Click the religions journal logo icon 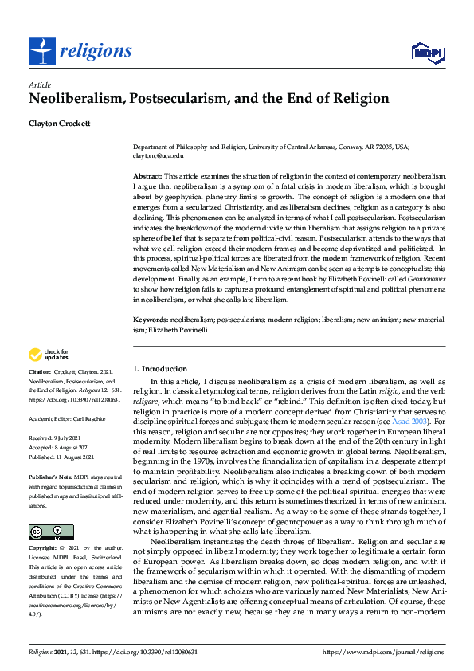(x=40, y=52)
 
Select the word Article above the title (x=39, y=84)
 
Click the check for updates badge (x=49, y=355)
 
